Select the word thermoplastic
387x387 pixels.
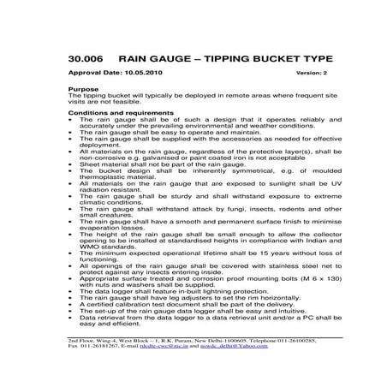pyautogui.click(x=104, y=176)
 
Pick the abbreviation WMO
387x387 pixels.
pyautogui.click(x=91, y=247)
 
